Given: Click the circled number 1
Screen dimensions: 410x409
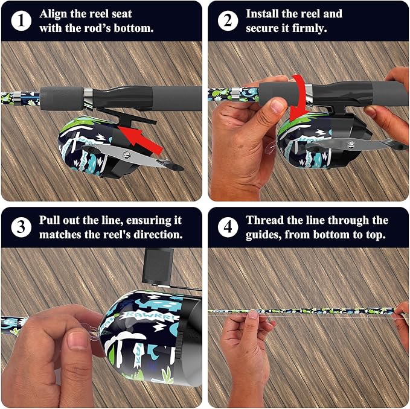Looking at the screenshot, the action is tap(21, 21).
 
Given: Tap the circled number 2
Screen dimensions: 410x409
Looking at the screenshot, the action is tap(228, 21).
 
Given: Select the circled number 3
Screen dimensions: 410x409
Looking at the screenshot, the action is tap(21, 227).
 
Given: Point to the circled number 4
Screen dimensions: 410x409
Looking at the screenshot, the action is tap(228, 227).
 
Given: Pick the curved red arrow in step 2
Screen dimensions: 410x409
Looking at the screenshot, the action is tap(299, 97).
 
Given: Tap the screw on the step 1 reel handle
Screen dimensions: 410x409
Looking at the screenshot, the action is tap(127, 155).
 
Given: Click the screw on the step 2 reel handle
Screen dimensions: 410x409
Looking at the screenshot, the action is tap(351, 144).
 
